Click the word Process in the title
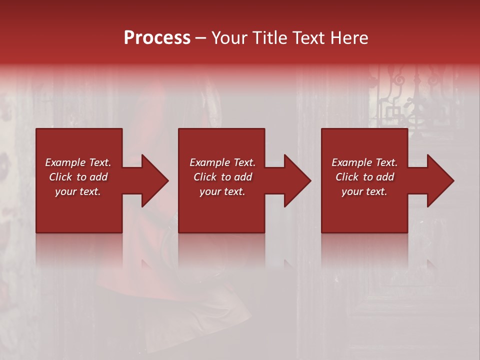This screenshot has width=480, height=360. click(x=157, y=38)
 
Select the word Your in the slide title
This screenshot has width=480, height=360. click(x=228, y=38)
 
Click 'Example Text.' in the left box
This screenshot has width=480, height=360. click(x=78, y=162)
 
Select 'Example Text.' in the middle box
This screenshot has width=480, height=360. click(x=222, y=162)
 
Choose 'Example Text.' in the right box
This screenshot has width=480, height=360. click(x=364, y=162)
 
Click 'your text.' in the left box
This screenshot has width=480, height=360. click(x=78, y=191)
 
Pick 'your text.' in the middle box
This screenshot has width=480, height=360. click(x=222, y=191)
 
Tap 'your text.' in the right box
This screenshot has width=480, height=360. click(x=364, y=191)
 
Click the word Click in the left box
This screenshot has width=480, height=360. click(x=60, y=177)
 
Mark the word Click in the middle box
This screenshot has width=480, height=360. click(x=205, y=177)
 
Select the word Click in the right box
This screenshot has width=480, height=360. click(x=347, y=177)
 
